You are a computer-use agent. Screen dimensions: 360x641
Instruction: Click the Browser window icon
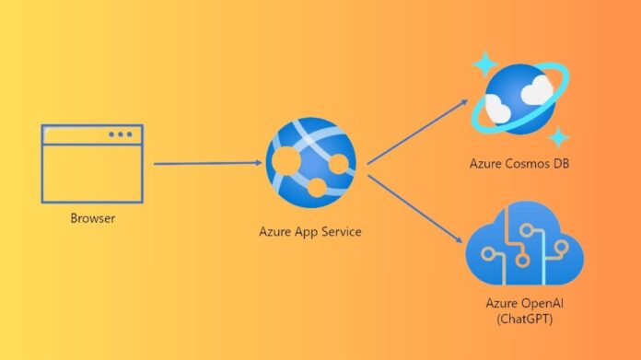91,163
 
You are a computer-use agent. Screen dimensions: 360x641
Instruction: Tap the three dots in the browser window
120,134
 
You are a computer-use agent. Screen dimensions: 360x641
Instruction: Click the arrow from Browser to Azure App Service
207,164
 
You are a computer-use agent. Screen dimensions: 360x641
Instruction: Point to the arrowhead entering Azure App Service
258,164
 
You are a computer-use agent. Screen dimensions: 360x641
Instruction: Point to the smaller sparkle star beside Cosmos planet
557,137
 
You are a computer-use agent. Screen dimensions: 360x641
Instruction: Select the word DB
557,164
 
